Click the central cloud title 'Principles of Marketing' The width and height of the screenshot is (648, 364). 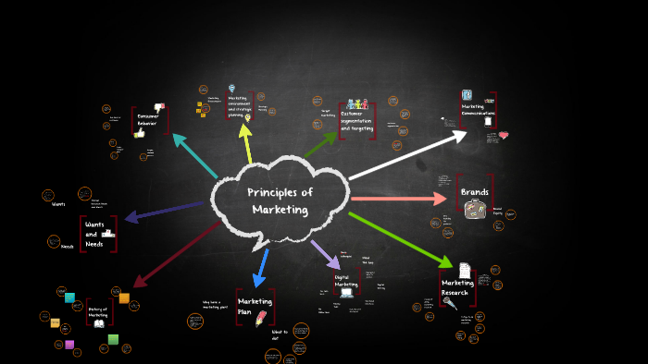point(280,200)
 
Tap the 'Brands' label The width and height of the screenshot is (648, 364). point(475,192)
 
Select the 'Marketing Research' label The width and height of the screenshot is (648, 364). point(456,287)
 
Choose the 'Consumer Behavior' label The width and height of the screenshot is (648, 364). point(148,119)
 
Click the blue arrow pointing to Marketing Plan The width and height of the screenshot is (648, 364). point(262,266)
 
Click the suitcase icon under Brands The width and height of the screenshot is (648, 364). point(475,210)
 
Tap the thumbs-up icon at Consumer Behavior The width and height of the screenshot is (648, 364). point(140,133)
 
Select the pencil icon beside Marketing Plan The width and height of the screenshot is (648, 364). point(261,318)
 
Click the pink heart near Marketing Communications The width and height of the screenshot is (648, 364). point(504,135)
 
